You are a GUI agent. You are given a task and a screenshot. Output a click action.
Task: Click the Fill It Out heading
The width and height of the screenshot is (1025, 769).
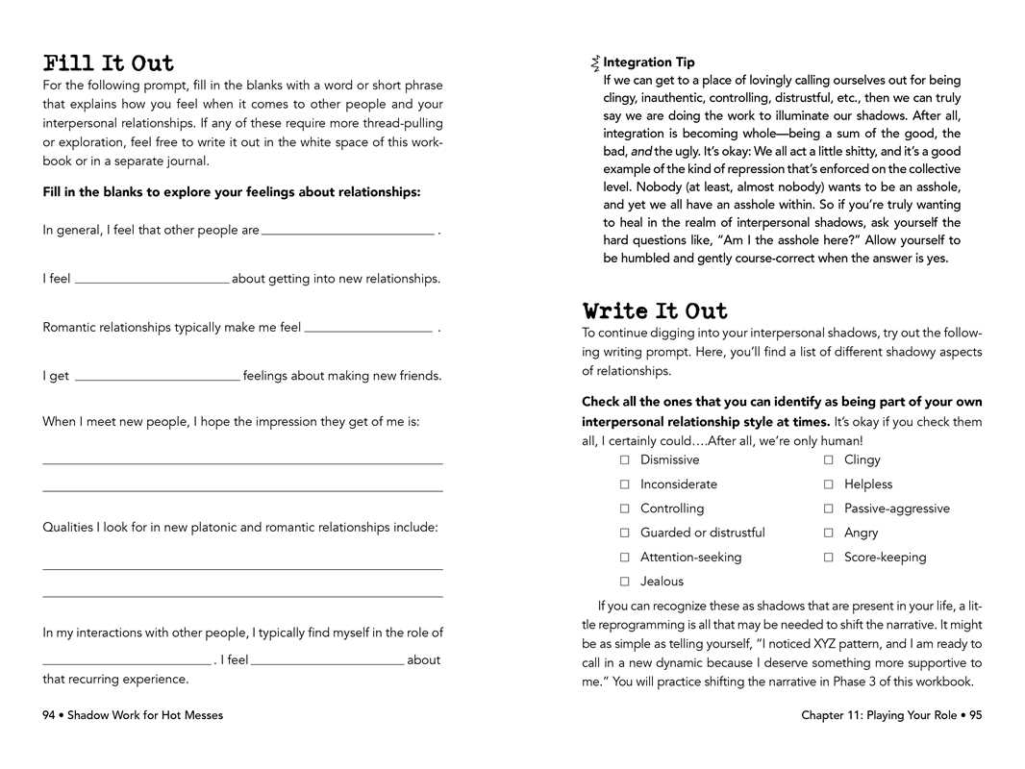109,64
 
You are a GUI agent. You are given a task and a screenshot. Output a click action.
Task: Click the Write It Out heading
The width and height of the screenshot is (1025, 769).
655,311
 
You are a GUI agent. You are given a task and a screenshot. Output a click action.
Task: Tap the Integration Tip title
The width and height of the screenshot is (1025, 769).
648,62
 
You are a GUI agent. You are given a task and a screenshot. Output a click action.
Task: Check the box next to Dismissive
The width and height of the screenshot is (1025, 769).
624,460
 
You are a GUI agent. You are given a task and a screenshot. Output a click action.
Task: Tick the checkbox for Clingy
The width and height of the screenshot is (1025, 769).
828,460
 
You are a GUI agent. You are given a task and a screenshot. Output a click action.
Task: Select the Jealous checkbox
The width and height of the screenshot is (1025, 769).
624,582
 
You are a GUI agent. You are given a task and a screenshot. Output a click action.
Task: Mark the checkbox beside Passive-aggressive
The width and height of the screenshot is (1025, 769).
828,509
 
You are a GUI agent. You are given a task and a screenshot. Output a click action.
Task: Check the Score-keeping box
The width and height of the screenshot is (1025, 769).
828,558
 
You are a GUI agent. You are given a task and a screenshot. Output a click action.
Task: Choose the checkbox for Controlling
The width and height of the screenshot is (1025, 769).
624,509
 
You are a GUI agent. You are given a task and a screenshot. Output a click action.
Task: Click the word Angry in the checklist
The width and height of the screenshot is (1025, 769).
861,533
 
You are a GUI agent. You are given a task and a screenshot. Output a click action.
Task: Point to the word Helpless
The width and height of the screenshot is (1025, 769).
867,484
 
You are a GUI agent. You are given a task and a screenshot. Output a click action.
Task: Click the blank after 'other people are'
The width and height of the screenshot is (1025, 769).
347,230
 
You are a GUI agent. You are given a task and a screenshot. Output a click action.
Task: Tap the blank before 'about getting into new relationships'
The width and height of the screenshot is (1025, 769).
152,279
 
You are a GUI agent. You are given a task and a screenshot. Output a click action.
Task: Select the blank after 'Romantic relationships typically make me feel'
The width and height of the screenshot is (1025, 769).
368,328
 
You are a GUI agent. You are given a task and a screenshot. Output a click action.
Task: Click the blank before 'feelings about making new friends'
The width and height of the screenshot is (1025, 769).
157,377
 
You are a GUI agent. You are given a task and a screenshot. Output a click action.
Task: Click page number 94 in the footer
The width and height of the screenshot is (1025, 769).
49,715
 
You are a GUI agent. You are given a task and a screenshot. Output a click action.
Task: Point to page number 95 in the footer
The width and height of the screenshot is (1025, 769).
974,715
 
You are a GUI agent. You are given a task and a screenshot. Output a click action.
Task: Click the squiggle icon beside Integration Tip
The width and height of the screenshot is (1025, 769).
596,63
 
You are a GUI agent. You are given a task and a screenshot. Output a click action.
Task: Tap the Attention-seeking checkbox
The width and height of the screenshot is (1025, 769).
624,558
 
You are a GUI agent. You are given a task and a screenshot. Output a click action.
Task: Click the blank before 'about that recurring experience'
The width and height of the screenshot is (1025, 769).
327,660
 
